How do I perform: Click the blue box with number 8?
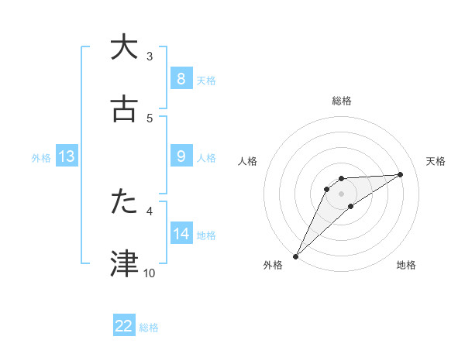tap(181, 79)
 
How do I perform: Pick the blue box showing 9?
tap(181, 156)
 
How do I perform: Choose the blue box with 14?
tap(181, 234)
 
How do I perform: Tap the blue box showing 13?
tap(67, 156)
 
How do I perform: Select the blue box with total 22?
tap(124, 326)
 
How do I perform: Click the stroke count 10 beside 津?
tap(150, 273)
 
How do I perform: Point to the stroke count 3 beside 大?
tap(150, 56)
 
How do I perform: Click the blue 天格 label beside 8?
tap(206, 80)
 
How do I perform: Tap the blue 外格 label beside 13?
tap(41, 157)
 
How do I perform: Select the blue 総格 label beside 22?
tap(149, 327)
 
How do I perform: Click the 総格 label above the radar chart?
tap(342, 101)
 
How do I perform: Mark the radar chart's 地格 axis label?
tap(406, 265)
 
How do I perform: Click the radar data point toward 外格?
tap(295, 256)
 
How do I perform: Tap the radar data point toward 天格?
tap(401, 174)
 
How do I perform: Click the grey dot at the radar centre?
tap(342, 193)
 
